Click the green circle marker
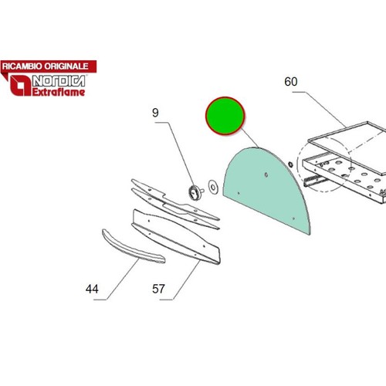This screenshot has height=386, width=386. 225,116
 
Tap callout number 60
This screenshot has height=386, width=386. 291,82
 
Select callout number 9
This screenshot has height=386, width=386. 155,113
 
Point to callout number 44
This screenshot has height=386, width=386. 92,289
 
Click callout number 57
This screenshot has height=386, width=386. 158,289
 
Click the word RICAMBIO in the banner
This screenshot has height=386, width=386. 22,66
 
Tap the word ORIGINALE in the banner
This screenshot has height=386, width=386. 66,66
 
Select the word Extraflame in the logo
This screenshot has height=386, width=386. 59,92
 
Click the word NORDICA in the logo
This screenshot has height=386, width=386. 59,81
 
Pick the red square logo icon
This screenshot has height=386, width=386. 20,86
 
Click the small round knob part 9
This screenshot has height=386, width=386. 194,191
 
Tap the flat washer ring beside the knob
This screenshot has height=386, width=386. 213,187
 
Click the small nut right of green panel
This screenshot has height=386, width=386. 290,164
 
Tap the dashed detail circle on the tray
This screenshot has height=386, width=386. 297,164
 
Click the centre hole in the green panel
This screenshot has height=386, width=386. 266,175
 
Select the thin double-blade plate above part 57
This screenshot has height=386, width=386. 175,205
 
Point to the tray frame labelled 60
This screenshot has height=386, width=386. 346,161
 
